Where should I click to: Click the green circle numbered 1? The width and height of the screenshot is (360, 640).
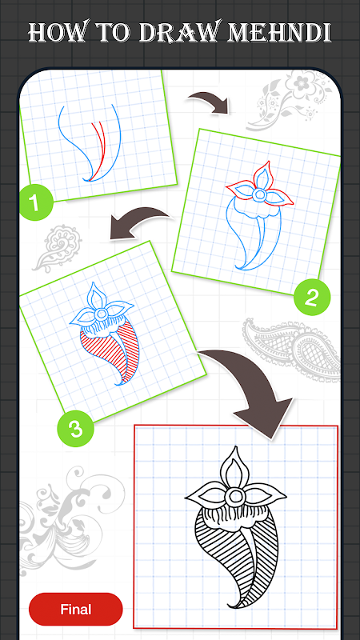click(36, 203)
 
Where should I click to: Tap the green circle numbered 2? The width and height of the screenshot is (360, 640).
click(311, 298)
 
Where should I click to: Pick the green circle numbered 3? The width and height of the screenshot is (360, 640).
click(75, 429)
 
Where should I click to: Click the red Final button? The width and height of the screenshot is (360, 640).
click(75, 609)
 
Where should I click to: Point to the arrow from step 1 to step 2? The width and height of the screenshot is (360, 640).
click(209, 102)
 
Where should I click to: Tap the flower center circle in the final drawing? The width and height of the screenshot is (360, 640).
click(234, 497)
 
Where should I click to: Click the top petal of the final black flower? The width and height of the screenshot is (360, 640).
click(234, 466)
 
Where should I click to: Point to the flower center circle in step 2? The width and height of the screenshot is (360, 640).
click(259, 194)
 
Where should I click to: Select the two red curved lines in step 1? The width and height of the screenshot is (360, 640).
click(97, 149)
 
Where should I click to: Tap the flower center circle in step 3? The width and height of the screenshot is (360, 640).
click(102, 314)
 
